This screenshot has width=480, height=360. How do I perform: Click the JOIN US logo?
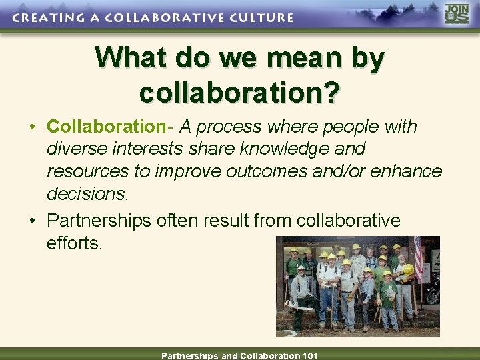[x=457, y=15]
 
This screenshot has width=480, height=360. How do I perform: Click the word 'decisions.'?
[x=86, y=194]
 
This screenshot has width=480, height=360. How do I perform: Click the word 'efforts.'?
[x=75, y=243]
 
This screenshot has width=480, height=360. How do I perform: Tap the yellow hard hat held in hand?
[x=407, y=270]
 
